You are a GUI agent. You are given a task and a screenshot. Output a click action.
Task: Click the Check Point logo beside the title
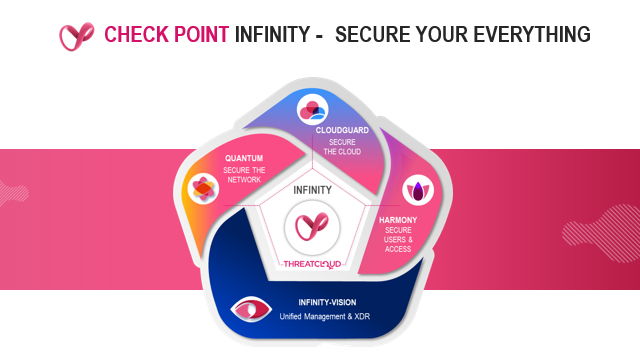click(76, 36)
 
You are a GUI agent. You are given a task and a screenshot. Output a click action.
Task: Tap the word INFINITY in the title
click(270, 36)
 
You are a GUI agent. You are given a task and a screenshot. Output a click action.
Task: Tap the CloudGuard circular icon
click(314, 107)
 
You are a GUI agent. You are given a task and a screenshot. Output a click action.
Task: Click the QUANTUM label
click(244, 158)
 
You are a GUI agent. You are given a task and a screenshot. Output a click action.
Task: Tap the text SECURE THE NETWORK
click(244, 175)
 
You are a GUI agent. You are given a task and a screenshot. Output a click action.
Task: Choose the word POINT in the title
click(195, 36)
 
